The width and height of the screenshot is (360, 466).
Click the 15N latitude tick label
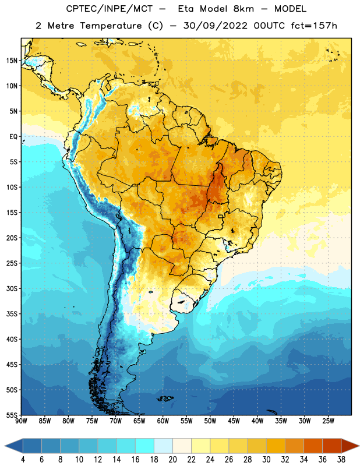pos(12,61)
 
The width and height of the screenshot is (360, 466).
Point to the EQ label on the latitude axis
pos(13,137)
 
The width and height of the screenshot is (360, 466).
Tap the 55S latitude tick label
pos(12,415)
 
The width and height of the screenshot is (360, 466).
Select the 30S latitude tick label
pos(12,288)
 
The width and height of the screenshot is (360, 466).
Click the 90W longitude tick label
pos(21,421)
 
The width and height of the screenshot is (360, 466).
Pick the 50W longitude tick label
pos(210,421)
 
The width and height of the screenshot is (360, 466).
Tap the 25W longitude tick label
pos(328,421)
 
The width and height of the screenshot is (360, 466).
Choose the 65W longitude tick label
pos(139,421)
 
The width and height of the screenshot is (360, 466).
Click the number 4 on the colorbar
pos(23,460)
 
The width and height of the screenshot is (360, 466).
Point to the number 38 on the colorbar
pos(341,460)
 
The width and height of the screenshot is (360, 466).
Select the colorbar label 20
pos(172,460)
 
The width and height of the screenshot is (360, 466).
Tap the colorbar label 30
pos(266,460)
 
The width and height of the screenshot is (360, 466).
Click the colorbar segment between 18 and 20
pos(163,446)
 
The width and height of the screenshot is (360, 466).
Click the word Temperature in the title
pos(111,26)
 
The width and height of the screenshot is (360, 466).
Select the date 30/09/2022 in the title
pos(215,26)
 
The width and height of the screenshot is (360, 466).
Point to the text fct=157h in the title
pos(314,26)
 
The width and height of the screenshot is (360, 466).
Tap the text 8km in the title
pos(243,9)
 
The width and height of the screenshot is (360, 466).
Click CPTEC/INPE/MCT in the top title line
pos(109,9)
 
